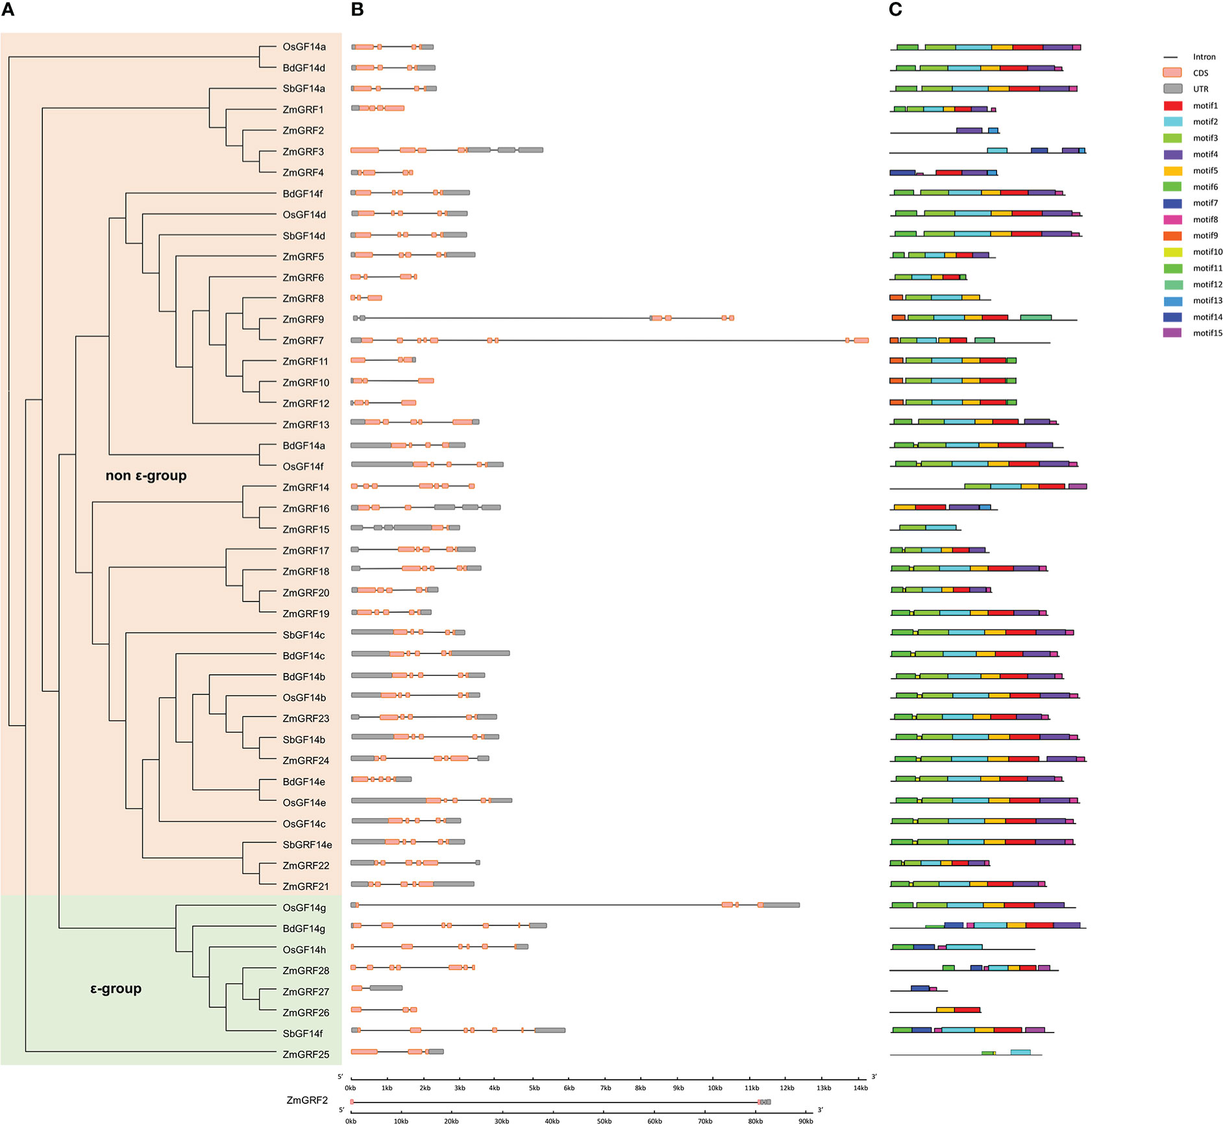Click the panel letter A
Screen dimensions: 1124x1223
tap(8, 9)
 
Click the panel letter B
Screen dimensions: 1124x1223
tap(357, 9)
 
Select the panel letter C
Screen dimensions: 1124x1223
tap(896, 9)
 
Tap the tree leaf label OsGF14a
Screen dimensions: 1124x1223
tap(304, 47)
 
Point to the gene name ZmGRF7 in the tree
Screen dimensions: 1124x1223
tap(303, 341)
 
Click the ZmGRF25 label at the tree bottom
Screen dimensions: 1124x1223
tap(306, 1055)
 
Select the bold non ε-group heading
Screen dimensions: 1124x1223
tap(146, 476)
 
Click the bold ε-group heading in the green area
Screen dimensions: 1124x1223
tap(116, 989)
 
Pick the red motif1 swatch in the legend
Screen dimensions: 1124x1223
tap(1172, 106)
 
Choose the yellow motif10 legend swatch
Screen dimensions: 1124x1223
tap(1172, 252)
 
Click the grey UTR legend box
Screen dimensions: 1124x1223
tap(1172, 89)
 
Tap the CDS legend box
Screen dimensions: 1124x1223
tap(1172, 73)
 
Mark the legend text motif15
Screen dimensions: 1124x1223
tap(1207, 333)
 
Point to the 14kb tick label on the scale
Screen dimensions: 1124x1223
tap(860, 1088)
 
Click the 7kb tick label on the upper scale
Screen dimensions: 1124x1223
tap(606, 1088)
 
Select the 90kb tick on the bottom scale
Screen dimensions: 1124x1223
tap(806, 1121)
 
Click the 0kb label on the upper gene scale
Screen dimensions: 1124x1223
tap(351, 1088)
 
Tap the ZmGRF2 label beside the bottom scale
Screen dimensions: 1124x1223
tap(307, 1101)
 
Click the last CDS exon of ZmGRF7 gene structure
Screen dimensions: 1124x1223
tap(861, 340)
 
